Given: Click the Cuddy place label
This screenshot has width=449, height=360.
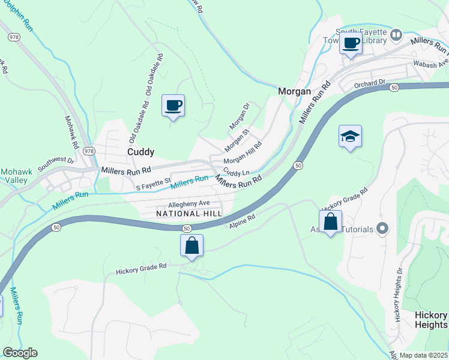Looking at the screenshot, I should click(141, 152).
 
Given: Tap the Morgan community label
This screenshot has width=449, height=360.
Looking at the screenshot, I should click(295, 91).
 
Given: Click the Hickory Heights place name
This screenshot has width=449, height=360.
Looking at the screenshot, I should click(431, 320).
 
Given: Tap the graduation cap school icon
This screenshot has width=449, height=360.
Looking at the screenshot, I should click(350, 137).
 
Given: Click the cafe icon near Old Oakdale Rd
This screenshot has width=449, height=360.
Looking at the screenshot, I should click(173, 106).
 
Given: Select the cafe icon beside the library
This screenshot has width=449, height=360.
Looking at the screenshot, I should click(351, 44).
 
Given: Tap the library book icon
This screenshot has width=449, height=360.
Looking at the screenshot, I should click(396, 35).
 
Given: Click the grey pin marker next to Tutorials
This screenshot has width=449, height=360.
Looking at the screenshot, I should click(382, 229).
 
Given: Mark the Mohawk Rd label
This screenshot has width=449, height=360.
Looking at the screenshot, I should click(71, 132).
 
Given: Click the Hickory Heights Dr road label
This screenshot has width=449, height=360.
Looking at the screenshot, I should click(398, 295).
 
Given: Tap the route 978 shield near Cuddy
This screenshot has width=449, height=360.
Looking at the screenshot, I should click(89, 151).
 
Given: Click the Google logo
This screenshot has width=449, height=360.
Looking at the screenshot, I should click(20, 353).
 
